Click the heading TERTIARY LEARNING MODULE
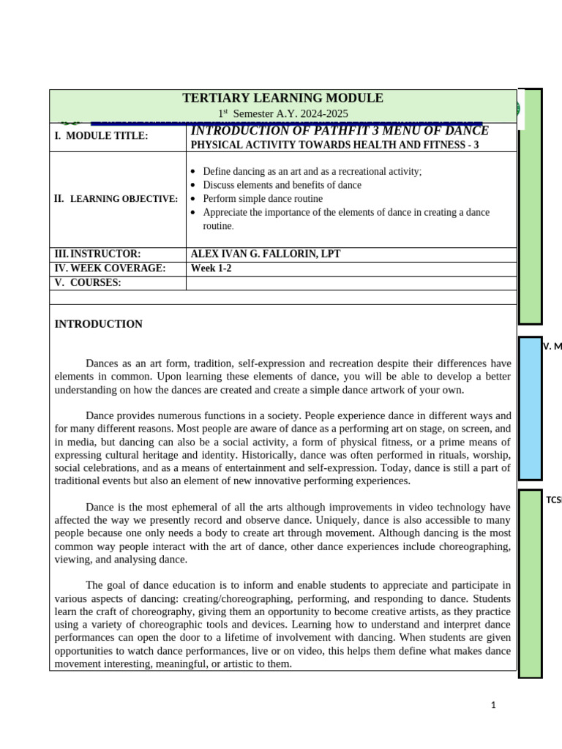tap(282, 98)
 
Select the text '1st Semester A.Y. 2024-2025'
tap(282, 113)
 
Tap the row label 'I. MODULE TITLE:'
tap(101, 136)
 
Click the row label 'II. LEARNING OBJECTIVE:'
tap(116, 198)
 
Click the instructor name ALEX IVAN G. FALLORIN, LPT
tap(265, 254)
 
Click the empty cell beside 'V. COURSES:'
tap(351, 282)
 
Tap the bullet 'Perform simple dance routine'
tap(262, 198)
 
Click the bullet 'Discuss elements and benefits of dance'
tap(282, 185)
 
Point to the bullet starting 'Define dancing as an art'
tap(312, 171)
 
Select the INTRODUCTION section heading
tap(99, 324)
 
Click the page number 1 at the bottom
tap(494, 705)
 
